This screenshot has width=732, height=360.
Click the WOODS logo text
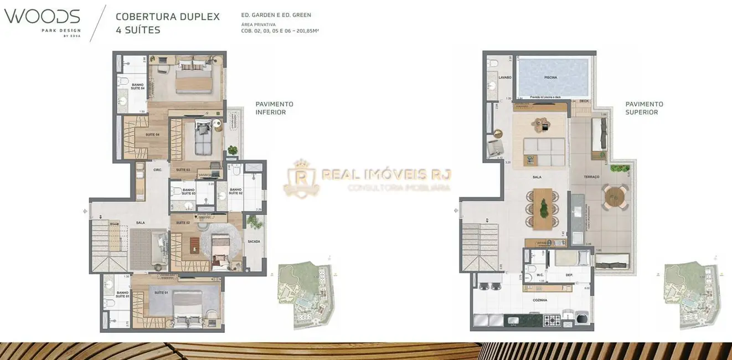coord(42,16)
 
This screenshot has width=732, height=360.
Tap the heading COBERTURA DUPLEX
coord(167,17)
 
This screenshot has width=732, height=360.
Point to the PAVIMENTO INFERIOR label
coord(274,108)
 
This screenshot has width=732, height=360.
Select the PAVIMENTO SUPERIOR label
coord(644,108)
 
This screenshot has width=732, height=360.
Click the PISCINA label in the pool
coord(550,78)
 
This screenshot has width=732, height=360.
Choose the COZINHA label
coord(540,300)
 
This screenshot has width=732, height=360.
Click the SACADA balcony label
coord(254,241)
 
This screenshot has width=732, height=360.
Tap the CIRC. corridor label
coord(157,170)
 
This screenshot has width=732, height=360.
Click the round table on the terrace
coord(613,197)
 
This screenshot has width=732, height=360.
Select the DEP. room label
coord(569,275)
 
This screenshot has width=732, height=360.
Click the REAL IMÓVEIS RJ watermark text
coord(386,175)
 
